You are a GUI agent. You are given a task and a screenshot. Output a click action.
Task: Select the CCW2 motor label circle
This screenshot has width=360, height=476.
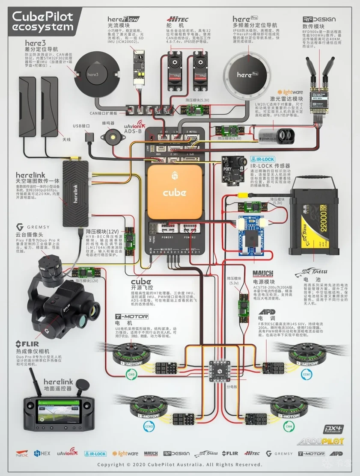coord(148,426)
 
